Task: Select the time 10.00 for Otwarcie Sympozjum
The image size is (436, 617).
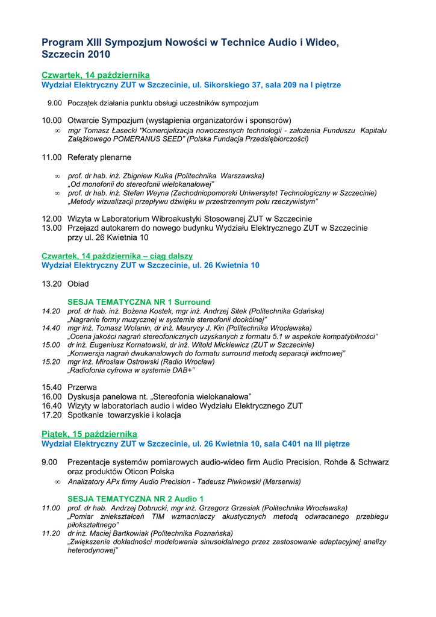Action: click(52, 121)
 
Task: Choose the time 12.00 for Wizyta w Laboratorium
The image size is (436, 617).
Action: click(52, 218)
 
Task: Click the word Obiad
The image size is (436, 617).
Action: click(78, 284)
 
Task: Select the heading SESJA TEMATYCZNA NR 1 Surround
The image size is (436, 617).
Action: click(139, 302)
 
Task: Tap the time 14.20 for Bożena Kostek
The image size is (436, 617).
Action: click(51, 311)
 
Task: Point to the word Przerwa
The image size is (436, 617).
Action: click(82, 387)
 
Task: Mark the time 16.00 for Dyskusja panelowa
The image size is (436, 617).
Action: click(52, 396)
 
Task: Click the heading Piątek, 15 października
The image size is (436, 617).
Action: click(89, 434)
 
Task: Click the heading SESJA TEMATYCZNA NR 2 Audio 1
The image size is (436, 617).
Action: click(135, 499)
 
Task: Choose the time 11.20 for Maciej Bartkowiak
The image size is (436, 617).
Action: click(51, 533)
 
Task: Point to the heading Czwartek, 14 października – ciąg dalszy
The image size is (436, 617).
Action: click(117, 256)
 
